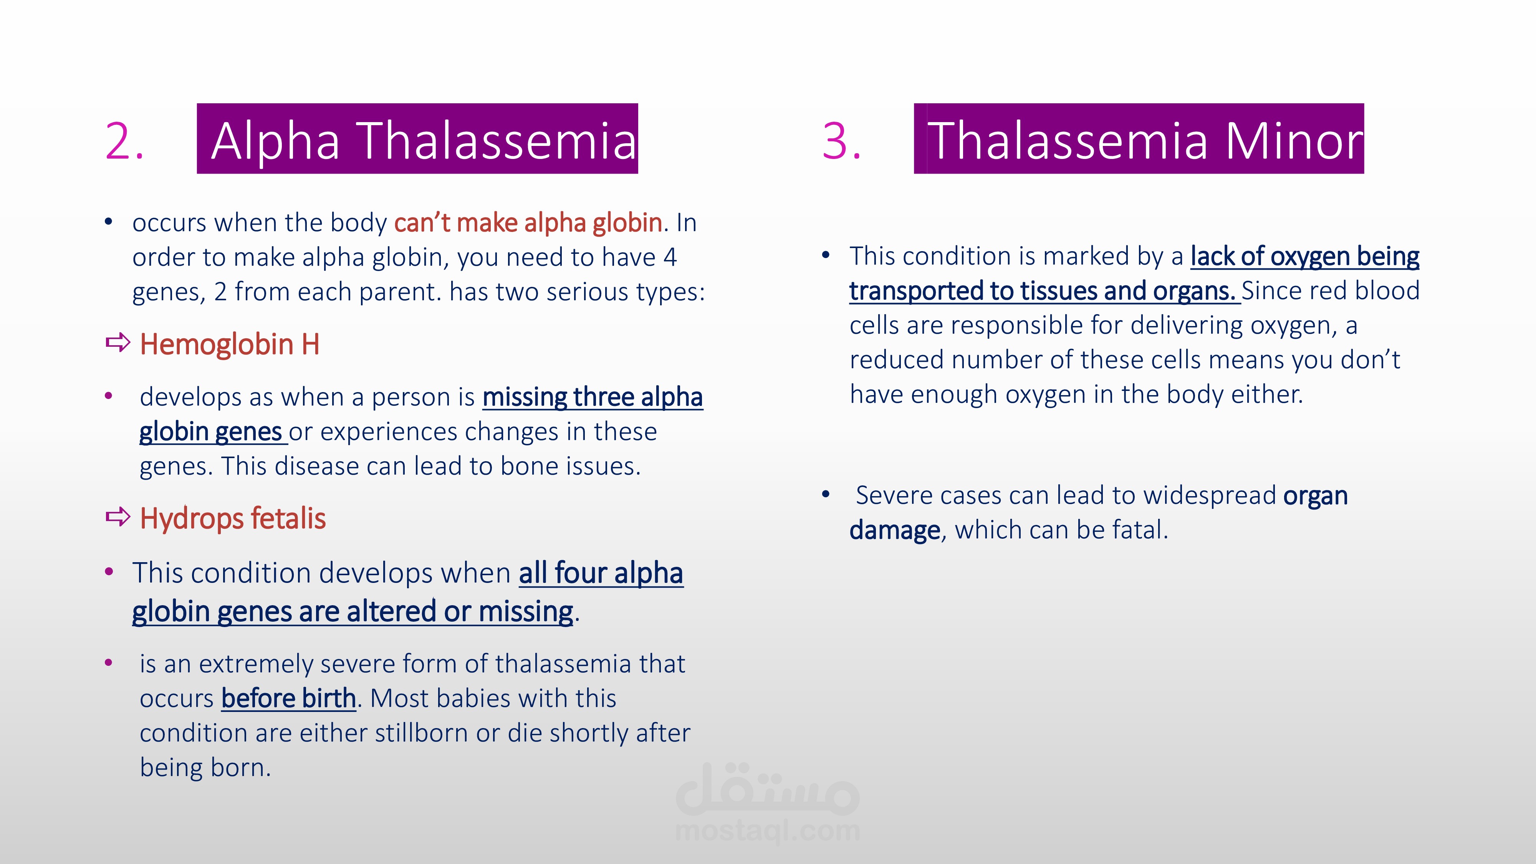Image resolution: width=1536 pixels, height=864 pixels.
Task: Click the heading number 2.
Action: click(124, 141)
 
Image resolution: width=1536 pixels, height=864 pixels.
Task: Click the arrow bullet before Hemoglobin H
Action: click(118, 343)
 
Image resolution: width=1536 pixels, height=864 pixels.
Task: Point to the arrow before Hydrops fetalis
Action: click(118, 516)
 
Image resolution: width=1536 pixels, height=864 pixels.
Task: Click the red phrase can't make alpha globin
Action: click(528, 222)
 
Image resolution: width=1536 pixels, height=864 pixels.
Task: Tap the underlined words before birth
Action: click(289, 698)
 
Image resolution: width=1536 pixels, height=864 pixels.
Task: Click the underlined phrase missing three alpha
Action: click(593, 397)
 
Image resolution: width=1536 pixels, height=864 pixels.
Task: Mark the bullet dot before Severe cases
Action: click(826, 494)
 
